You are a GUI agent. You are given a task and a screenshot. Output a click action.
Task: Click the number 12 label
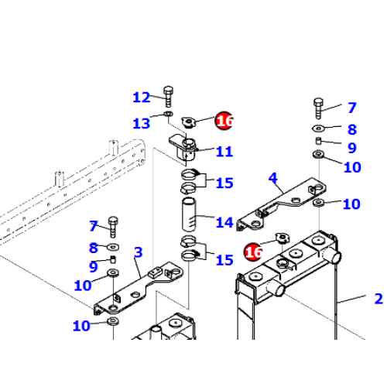(142, 98)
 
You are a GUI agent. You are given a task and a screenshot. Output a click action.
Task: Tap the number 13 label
(142, 123)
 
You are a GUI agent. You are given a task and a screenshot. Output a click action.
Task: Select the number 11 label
(224, 152)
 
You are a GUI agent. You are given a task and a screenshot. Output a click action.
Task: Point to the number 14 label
(224, 223)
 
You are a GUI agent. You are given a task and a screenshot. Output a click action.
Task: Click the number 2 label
(378, 299)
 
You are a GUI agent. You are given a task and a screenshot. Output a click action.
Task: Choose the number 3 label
(138, 252)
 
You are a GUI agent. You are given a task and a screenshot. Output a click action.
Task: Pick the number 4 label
(272, 179)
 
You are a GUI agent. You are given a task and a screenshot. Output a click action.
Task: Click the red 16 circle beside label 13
(224, 121)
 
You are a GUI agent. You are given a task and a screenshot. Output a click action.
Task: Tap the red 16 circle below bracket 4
(253, 252)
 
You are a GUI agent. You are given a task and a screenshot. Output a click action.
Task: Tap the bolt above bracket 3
(113, 225)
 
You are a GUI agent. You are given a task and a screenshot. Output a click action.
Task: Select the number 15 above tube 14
(224, 183)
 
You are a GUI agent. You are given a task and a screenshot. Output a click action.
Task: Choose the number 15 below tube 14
(224, 260)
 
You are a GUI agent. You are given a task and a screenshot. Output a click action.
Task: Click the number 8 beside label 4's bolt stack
(351, 129)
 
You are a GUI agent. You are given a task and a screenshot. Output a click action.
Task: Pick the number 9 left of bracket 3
(93, 267)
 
